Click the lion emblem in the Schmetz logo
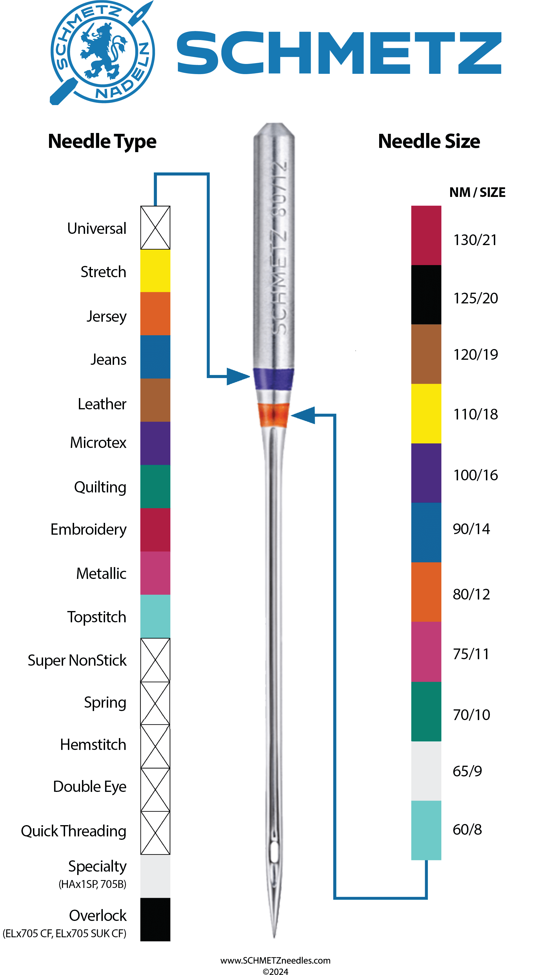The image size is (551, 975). pyautogui.click(x=102, y=51)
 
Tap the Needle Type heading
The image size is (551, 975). pyautogui.click(x=102, y=141)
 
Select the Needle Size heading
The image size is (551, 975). pyautogui.click(x=429, y=141)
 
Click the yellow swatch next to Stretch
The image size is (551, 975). pyautogui.click(x=155, y=271)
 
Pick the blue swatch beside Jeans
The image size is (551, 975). pyautogui.click(x=155, y=357)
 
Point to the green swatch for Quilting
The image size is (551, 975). pyautogui.click(x=155, y=486)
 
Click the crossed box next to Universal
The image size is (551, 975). pyautogui.click(x=155, y=227)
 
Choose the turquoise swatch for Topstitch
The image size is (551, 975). pyautogui.click(x=155, y=616)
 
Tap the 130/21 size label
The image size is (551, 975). pyautogui.click(x=475, y=240)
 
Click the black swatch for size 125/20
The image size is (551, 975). pyautogui.click(x=426, y=294)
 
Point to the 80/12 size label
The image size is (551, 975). pyautogui.click(x=471, y=594)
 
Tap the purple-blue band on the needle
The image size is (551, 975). pyautogui.click(x=274, y=379)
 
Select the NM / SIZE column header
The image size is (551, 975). pyautogui.click(x=477, y=192)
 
